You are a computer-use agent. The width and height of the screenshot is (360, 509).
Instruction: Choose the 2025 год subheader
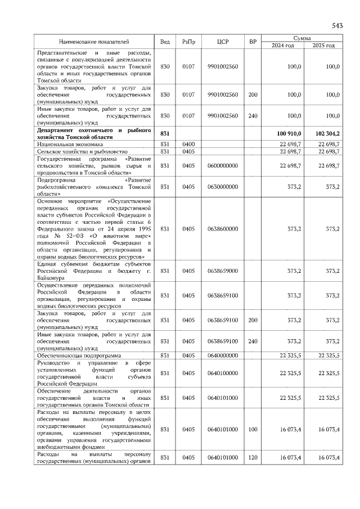tap(323, 46)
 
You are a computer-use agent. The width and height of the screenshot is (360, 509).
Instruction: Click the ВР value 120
tap(253, 458)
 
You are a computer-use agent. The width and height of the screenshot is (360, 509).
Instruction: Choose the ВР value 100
tap(253, 430)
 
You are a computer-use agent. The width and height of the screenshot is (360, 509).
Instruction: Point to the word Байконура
tap(51, 278)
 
